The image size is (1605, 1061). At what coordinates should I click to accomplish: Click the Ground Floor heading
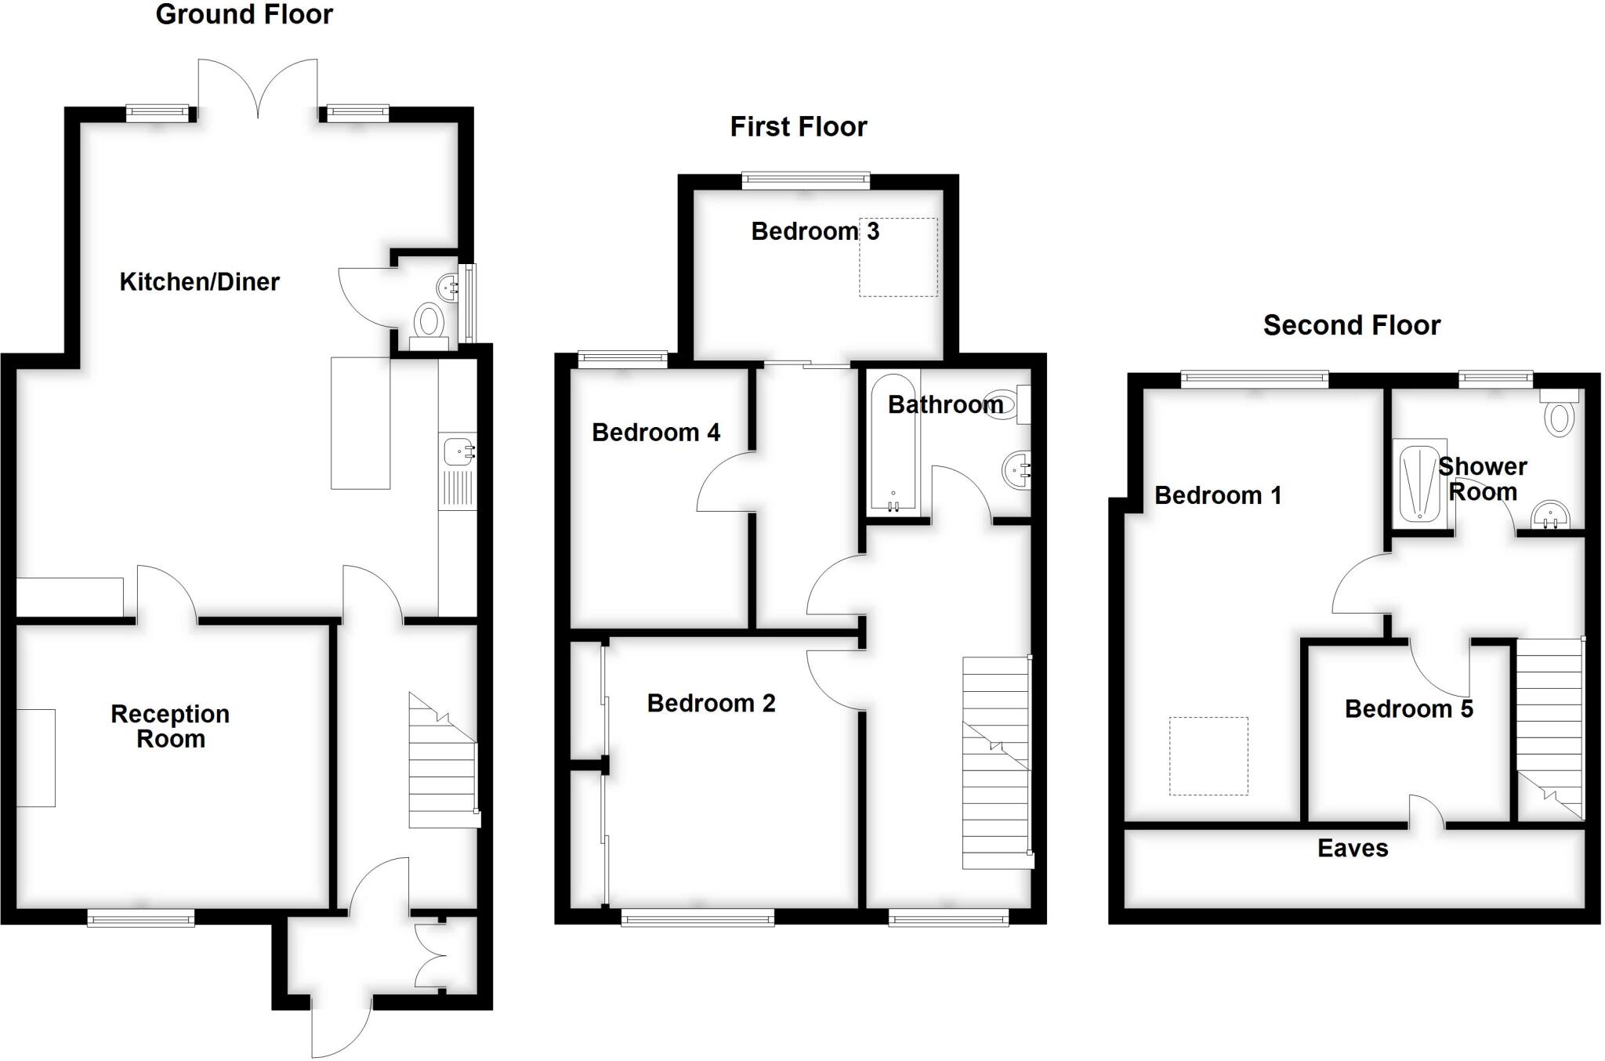(244, 15)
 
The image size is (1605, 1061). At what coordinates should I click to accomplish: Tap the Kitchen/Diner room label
(199, 282)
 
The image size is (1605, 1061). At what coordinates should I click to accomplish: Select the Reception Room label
(170, 726)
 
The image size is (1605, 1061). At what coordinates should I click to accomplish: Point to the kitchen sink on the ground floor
(457, 452)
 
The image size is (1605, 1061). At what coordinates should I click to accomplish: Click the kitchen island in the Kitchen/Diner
(360, 423)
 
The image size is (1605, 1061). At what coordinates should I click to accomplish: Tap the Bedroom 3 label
(814, 232)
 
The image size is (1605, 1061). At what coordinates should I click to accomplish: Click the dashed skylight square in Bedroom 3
(898, 257)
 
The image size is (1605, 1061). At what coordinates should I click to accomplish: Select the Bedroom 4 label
(655, 433)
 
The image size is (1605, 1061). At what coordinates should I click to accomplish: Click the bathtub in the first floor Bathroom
(893, 443)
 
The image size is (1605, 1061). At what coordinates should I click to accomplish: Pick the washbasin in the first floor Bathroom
(1016, 470)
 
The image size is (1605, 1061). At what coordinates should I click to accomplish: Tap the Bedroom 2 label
(711, 704)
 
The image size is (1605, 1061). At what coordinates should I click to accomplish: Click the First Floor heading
(798, 127)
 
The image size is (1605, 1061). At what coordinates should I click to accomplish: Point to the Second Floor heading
(1351, 325)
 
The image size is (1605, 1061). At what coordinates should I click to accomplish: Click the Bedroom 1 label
(1218, 495)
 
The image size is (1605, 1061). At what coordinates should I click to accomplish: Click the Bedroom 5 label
(1408, 709)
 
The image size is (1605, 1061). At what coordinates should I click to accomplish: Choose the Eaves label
(1353, 849)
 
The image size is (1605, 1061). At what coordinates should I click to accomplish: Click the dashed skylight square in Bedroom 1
(1208, 756)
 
